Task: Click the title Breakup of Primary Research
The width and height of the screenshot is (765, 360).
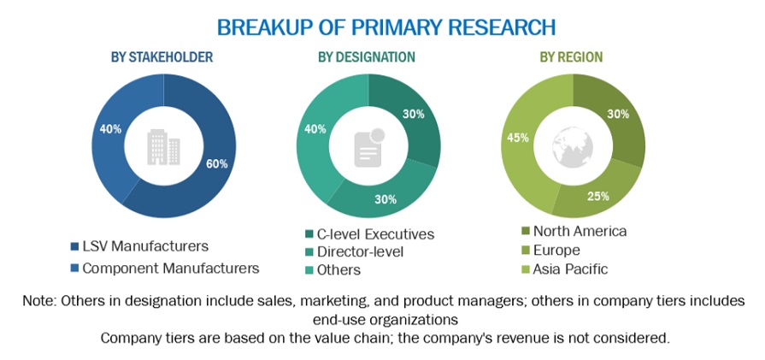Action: click(385, 27)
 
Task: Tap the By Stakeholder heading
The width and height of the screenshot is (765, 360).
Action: click(162, 57)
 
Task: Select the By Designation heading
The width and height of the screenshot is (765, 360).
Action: click(367, 57)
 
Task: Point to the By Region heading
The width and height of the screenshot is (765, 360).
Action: click(570, 57)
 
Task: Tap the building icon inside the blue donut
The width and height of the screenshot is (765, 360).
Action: click(162, 147)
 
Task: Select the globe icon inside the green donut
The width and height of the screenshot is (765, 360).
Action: click(571, 147)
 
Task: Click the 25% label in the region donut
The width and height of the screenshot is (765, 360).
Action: click(597, 196)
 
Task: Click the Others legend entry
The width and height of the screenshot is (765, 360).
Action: click(338, 270)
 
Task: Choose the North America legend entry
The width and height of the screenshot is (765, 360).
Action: click(580, 231)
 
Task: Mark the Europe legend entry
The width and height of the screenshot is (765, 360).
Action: click(556, 251)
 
